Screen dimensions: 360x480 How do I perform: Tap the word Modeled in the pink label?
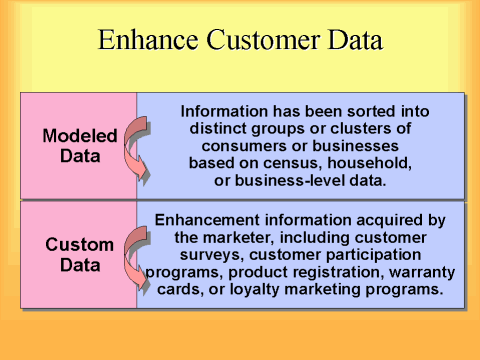click(80, 135)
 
